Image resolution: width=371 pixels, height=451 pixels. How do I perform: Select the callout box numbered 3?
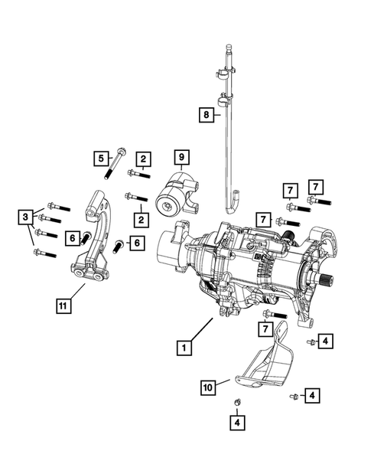[24, 218]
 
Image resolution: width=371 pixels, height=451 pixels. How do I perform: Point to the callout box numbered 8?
[205, 115]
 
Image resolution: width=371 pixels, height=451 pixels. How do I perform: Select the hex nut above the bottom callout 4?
[237, 403]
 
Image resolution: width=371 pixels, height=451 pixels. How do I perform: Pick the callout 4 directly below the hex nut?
[237, 421]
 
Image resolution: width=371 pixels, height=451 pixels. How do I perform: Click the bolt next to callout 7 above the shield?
[274, 314]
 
